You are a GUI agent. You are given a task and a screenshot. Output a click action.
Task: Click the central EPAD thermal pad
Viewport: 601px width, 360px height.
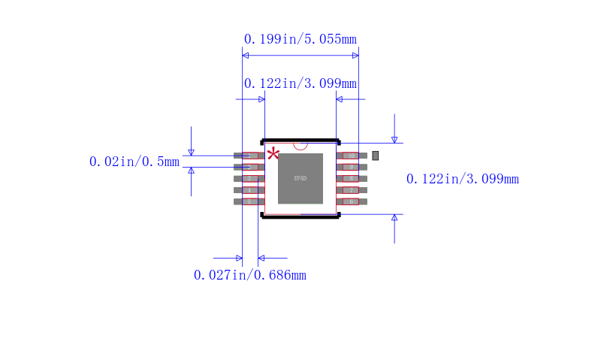(300, 178)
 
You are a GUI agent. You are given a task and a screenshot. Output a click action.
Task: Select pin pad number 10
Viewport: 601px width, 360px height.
(351, 156)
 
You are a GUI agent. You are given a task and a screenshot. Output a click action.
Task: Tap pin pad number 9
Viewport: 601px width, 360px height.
(351, 167)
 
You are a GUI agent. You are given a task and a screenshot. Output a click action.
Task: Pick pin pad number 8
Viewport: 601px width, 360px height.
(351, 178)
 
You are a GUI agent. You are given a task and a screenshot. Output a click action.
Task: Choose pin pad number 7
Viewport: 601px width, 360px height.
(351, 190)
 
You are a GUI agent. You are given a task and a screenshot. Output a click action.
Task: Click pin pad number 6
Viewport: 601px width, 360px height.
(351, 201)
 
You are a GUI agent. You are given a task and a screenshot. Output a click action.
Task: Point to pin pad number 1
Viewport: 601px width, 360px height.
(249, 156)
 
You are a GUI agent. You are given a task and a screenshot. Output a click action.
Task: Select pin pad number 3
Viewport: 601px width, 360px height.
(249, 178)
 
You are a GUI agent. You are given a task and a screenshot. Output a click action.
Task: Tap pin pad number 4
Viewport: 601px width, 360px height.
(249, 190)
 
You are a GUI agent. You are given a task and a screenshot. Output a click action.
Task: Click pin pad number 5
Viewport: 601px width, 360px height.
(249, 201)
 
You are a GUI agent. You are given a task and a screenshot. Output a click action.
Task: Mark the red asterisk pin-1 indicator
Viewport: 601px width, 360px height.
(273, 153)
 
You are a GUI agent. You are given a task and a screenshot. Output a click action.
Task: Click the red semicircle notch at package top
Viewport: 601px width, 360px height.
(300, 146)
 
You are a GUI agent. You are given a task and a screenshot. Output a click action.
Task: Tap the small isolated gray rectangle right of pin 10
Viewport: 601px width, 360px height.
(376, 155)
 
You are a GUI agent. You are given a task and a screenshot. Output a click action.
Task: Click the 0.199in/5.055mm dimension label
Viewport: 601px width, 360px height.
(300, 39)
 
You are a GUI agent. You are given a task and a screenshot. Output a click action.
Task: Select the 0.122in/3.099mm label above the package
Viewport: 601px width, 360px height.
(300, 83)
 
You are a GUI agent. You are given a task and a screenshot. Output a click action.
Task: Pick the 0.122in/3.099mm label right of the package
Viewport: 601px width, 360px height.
(462, 179)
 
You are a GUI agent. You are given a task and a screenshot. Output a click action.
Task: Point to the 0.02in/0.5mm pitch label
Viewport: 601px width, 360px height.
(134, 162)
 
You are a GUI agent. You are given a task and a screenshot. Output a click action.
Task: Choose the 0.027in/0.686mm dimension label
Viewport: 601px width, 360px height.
(249, 275)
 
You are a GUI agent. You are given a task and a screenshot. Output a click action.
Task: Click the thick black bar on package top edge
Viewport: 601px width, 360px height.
(300, 141)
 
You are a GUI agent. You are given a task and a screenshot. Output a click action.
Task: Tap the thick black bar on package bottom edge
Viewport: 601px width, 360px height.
(300, 216)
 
